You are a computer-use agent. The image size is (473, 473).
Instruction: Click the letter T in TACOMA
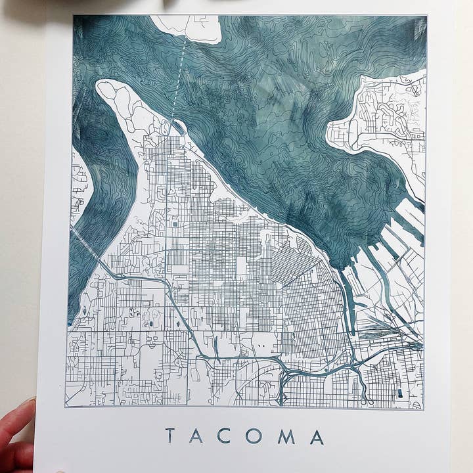point(170,436)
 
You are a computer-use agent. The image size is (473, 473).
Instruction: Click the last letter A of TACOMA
point(317,436)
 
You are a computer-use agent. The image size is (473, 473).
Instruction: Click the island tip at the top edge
point(191,28)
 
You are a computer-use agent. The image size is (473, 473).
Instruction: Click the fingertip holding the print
point(16,420)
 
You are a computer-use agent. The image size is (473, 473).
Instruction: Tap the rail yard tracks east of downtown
point(388,335)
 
